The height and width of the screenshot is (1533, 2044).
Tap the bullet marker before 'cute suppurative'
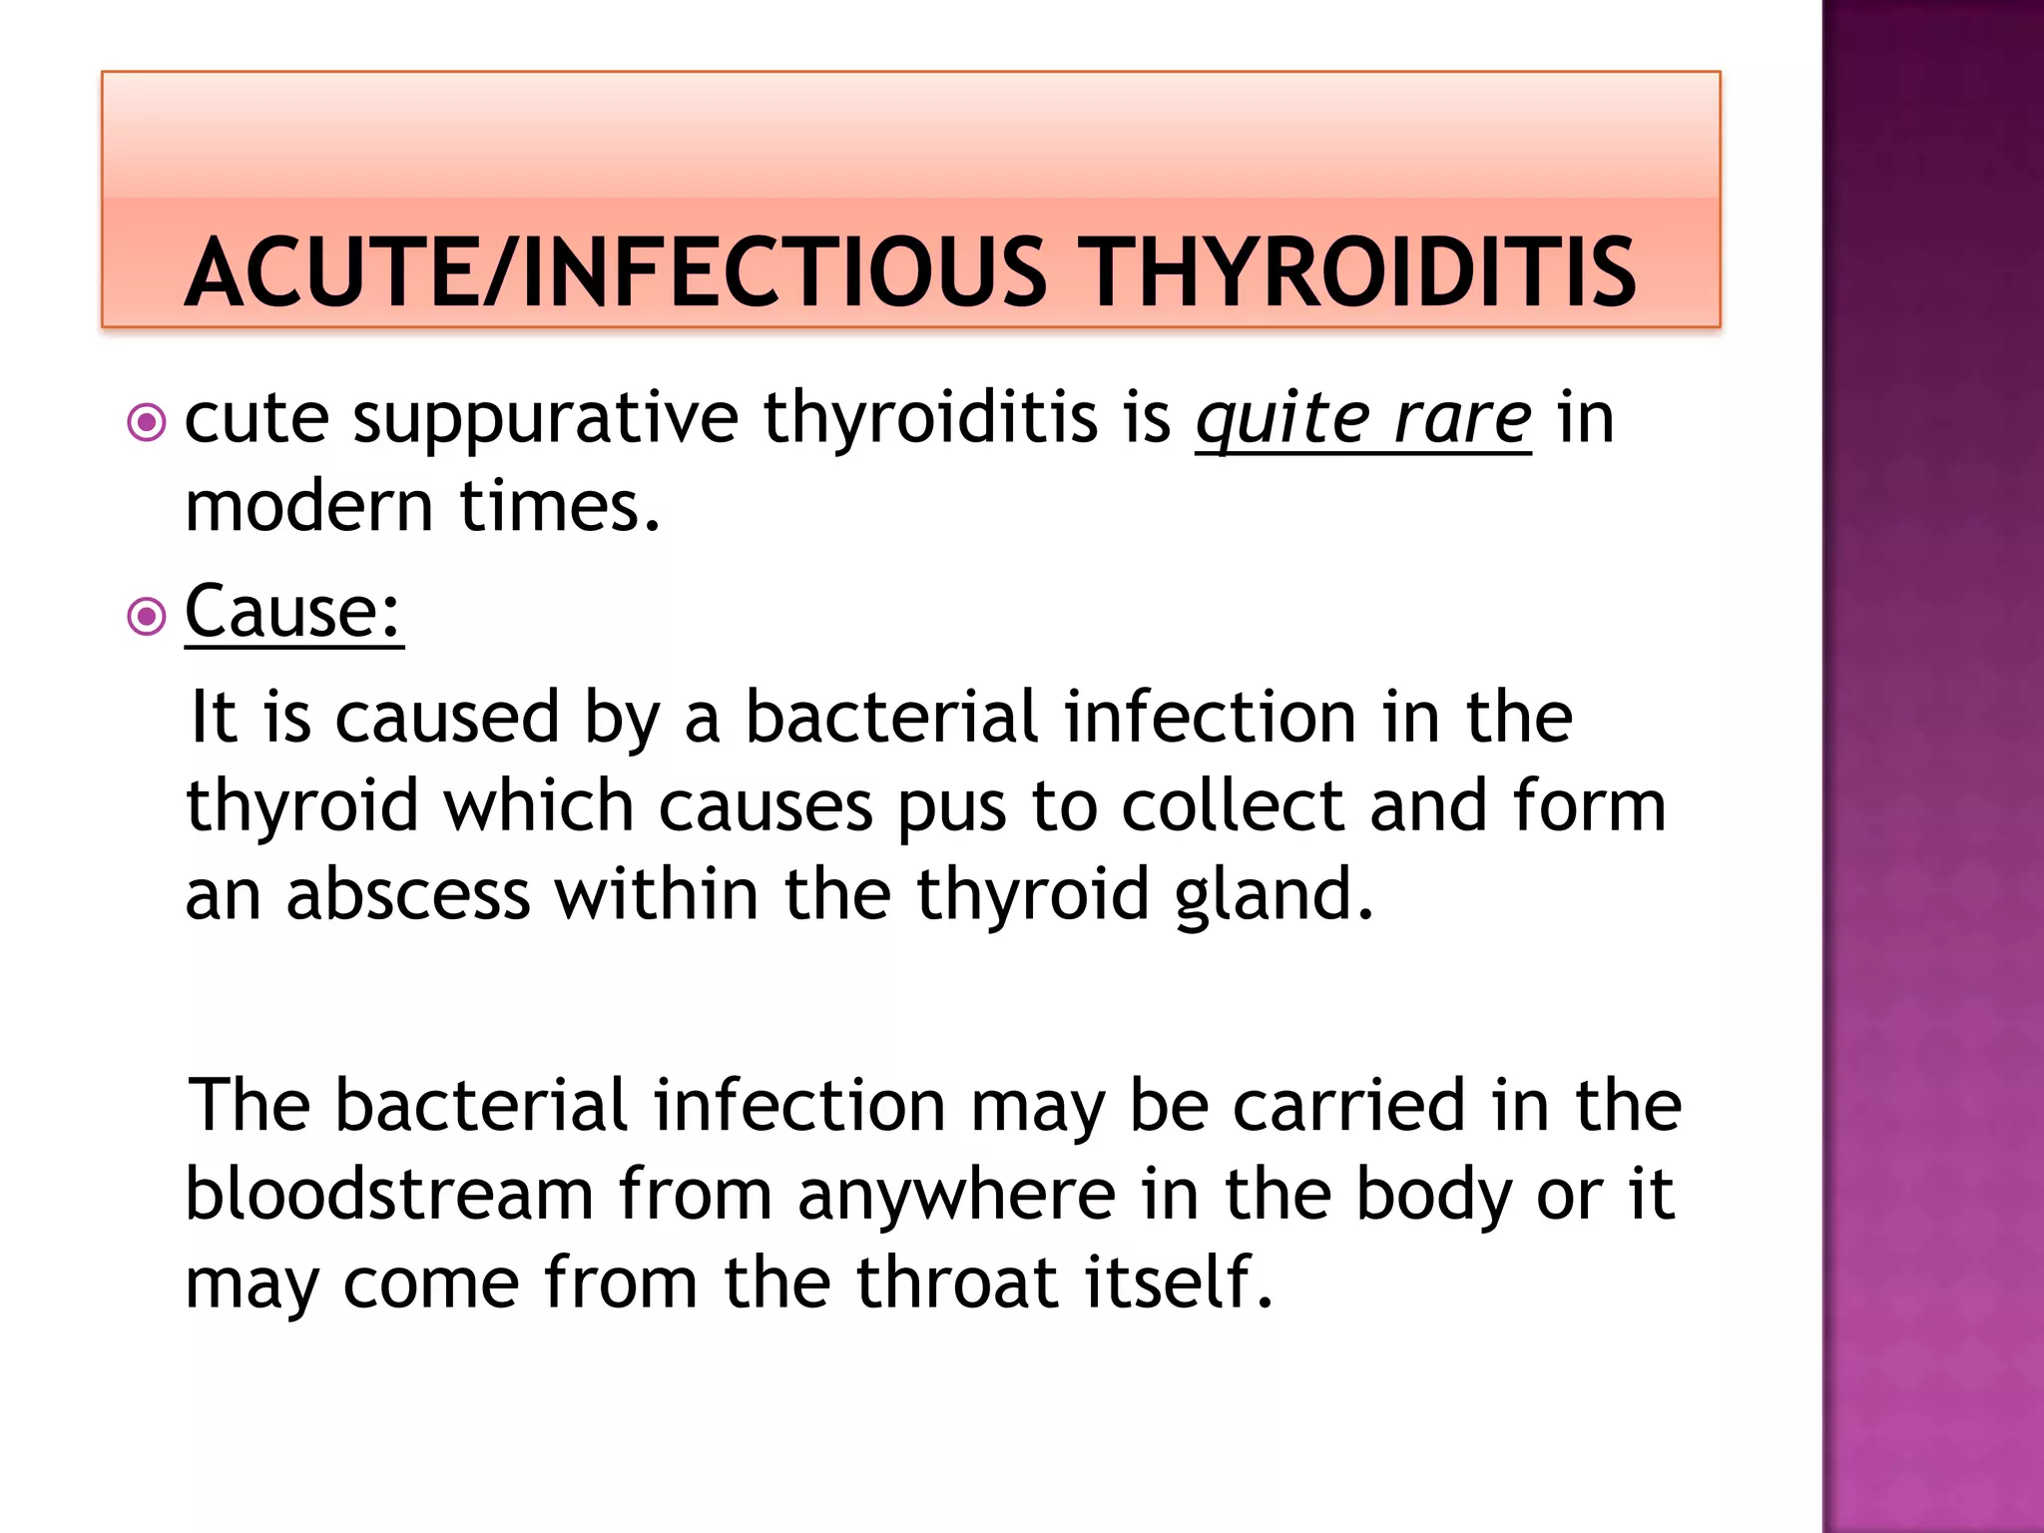147,422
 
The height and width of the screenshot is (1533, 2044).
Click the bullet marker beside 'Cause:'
147,617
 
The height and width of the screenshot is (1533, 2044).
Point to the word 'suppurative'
546,419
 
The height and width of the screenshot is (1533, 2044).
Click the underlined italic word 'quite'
1280,419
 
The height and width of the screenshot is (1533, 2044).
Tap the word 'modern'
309,506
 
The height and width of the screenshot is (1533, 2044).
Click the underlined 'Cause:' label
293,612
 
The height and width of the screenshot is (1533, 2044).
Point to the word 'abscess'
408,894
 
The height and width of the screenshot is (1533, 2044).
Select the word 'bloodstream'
390,1195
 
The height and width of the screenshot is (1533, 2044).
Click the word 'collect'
1233,806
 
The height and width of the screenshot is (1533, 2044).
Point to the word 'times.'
560,506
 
